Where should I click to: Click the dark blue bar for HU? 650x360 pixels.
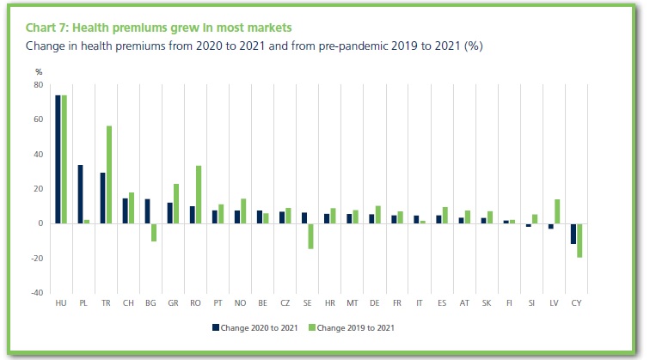58,159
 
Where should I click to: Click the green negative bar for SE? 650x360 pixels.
310,236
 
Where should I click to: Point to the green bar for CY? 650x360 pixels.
580,241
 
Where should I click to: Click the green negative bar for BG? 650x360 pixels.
154,232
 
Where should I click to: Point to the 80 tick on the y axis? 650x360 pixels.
39,85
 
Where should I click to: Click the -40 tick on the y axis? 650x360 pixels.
37,293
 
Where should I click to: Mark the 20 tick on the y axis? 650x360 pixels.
39,189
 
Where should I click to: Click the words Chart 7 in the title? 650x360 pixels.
49,28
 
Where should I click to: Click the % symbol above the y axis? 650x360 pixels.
39,72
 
